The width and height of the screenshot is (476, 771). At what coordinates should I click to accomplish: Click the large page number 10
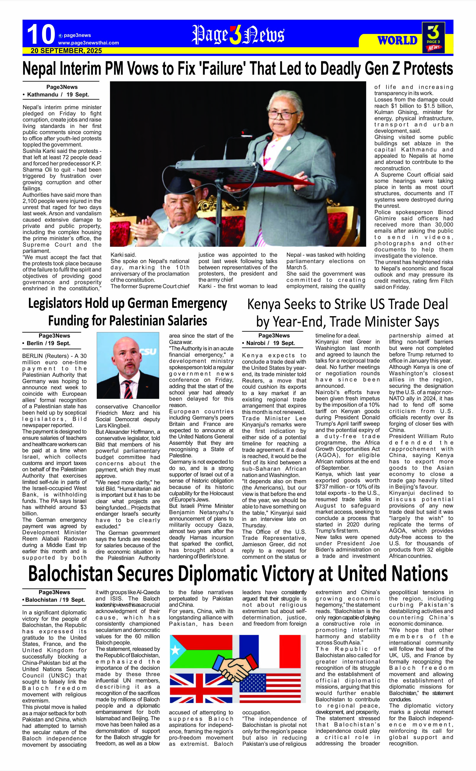click(x=41, y=34)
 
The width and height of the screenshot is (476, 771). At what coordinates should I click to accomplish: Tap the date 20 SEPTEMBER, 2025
click(x=66, y=51)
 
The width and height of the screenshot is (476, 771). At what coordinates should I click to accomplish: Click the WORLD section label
click(x=397, y=41)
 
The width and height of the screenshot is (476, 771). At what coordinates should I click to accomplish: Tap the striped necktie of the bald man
click(x=128, y=389)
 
